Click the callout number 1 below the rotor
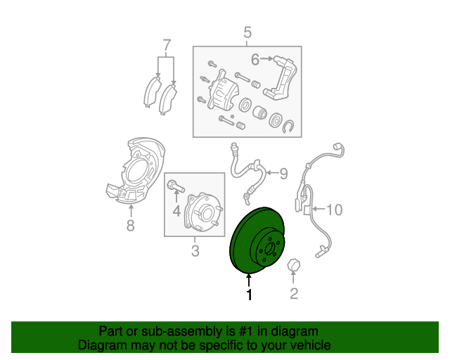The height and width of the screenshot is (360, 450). pos(248,295)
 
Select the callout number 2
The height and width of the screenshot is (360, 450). pos(294,295)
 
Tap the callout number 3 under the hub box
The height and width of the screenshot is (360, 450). pos(195,251)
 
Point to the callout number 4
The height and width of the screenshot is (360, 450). pos(176,210)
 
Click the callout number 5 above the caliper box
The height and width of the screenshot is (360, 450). pos(247,32)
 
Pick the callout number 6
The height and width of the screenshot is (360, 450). pos(255,59)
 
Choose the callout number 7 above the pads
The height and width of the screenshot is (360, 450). pos(167,46)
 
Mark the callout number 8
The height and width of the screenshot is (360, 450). pos(130,226)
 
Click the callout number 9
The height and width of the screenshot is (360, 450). pos(284,173)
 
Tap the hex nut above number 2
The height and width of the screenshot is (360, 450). pos(294,265)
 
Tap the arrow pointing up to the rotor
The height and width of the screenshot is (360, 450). pos(248,280)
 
